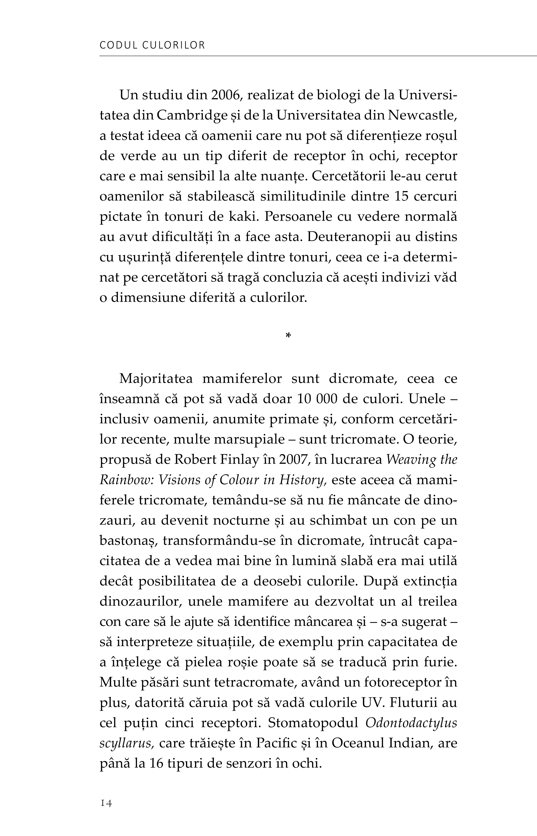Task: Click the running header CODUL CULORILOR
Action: tap(152, 45)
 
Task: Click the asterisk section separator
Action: tap(288, 336)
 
